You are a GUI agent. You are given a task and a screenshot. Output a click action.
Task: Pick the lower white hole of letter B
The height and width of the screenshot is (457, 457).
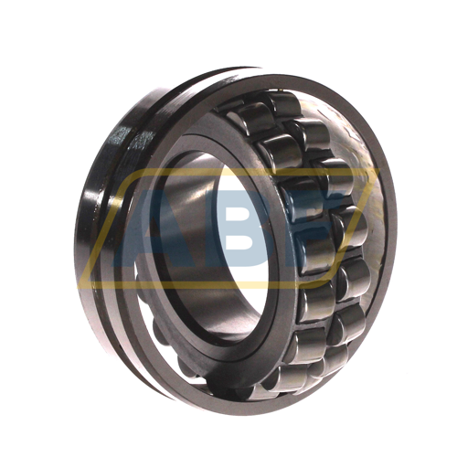pyautogui.click(x=242, y=243)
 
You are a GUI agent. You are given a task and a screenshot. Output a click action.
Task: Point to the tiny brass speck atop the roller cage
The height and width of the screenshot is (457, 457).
pyautogui.click(x=281, y=90)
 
